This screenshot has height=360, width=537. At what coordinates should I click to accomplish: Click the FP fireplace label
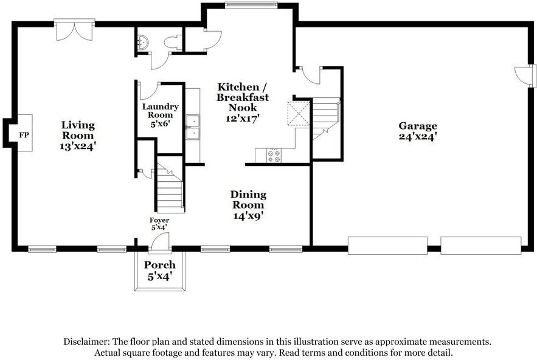pos(24,135)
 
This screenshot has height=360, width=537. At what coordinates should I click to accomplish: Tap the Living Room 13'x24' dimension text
pos(78,147)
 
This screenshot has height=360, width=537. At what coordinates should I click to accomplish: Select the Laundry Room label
pos(161,111)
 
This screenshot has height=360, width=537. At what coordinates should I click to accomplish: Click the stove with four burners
pos(274,156)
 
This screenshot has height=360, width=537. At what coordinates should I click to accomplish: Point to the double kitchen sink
pos(193,128)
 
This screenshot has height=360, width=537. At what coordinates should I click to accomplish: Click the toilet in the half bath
pos(174,43)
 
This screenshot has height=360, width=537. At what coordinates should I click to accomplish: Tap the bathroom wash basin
pos(142,42)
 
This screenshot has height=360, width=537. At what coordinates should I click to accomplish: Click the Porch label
pos(160,265)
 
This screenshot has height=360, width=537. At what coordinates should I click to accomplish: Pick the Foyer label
pos(159,220)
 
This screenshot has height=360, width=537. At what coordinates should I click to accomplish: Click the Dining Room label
pos(248,199)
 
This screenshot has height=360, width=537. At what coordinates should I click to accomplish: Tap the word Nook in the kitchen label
pos(243,108)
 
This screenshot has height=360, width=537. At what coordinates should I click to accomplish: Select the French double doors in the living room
pos(74,30)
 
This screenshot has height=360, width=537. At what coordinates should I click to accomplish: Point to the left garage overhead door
pos(387,245)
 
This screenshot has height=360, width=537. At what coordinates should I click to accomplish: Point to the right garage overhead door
pos(481,245)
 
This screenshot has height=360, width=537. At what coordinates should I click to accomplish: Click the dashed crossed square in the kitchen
pos(298,114)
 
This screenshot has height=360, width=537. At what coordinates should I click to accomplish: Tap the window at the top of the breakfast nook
pos(251,5)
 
